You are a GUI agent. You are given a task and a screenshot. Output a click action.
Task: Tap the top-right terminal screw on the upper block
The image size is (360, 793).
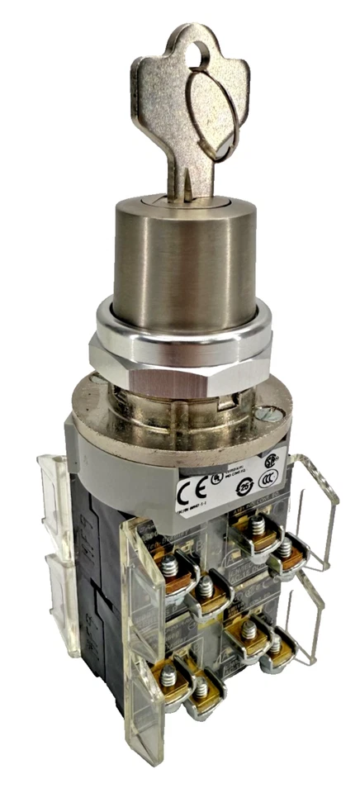point(283,548)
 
